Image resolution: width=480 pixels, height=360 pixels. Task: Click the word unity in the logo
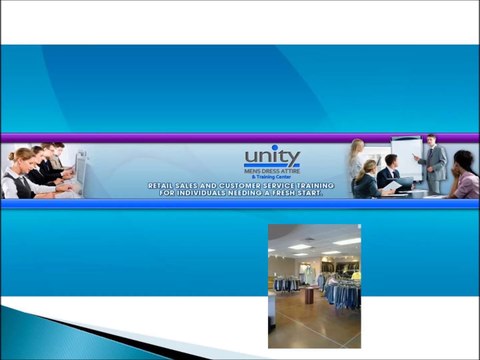point(272,157)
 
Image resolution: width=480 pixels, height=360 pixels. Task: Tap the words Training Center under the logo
point(273,178)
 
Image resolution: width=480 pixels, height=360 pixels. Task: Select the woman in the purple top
point(464,176)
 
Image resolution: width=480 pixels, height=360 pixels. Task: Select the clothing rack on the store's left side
point(287,284)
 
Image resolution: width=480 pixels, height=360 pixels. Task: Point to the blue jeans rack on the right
point(343,293)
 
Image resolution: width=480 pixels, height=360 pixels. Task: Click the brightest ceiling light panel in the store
point(346,242)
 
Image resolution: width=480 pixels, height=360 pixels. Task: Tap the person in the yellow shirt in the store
point(355,275)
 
